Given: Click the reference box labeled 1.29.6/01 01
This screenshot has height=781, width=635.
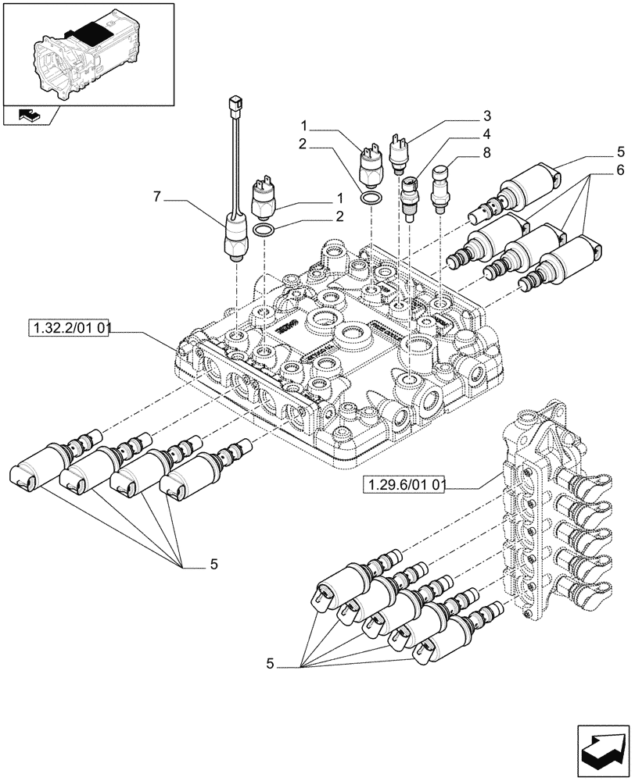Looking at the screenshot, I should click(404, 487).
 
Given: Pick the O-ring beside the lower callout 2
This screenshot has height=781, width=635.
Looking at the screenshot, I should click(264, 230).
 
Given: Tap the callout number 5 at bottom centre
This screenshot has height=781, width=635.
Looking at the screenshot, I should click(271, 665).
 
